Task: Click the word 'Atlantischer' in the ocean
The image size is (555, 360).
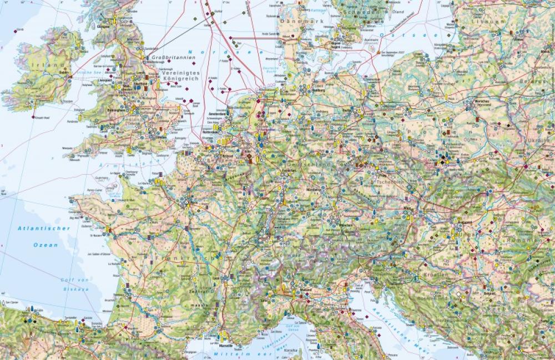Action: click(44, 228)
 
